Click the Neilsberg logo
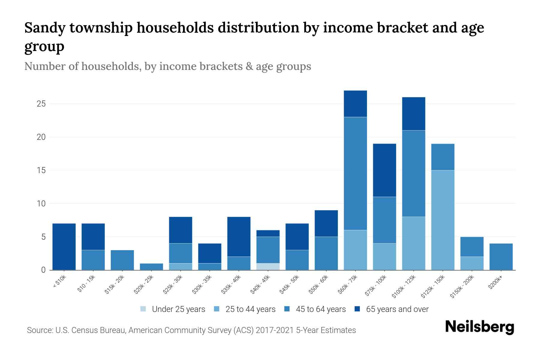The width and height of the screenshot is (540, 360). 479,327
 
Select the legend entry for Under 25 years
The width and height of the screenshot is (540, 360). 173,309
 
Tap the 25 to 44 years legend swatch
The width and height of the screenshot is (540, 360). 217,309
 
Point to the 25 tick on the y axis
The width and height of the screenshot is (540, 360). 41,104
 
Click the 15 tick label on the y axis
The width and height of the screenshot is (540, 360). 41,170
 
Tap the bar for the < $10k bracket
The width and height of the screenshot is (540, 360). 64,247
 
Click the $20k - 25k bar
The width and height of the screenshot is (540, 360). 151,267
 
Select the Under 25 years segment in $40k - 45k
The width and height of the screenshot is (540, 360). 268,267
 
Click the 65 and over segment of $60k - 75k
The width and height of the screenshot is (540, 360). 355,104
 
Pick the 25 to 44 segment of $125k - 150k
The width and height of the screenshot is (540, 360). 443,220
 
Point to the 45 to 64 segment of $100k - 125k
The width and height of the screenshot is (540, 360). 414,173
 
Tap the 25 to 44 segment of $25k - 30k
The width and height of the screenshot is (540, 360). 181,267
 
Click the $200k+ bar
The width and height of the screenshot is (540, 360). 501,257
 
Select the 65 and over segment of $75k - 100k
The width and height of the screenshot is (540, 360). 384,170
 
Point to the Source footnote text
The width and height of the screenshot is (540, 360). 191,330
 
